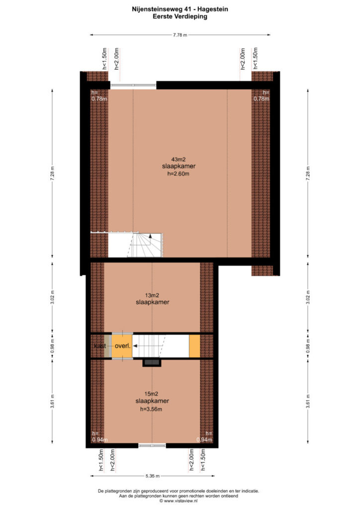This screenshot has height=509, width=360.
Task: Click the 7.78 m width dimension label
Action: pos(180,35)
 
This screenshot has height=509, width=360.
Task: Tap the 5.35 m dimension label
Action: pos(153,476)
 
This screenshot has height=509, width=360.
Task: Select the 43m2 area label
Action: pos(179,160)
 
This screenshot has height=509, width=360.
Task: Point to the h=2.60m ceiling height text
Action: pos(178,173)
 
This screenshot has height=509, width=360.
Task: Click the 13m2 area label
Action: pos(152,295)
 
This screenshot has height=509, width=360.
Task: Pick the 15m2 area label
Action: pos(151,394)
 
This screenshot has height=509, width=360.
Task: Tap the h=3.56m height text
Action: pos(151,409)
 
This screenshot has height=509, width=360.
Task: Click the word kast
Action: pos(100,346)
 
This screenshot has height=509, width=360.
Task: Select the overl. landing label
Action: pos(123,346)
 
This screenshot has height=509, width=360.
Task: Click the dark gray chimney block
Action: pos(152,362)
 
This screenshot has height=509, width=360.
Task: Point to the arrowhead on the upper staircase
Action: pos(150,236)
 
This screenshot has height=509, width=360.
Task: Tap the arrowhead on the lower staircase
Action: pos(135,346)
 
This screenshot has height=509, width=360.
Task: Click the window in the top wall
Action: pos(133,85)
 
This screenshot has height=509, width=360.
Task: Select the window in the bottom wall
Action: pos(152,445)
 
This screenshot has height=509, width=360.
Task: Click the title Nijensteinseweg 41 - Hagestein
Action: pos(180,9)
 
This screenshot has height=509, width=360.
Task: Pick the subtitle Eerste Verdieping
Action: pos(180,16)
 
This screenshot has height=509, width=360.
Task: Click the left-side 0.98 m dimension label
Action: pos(52,346)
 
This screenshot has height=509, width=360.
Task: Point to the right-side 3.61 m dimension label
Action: pos(308,402)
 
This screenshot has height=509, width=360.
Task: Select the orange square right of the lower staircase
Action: pos(194,346)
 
